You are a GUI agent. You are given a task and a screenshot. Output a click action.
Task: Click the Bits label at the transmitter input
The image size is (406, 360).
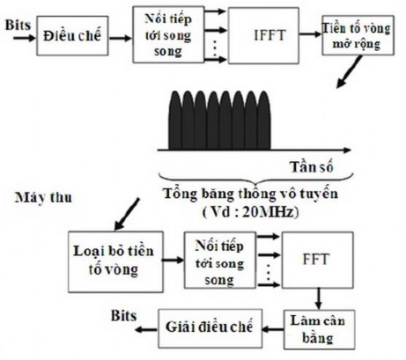[x=17, y=28]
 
